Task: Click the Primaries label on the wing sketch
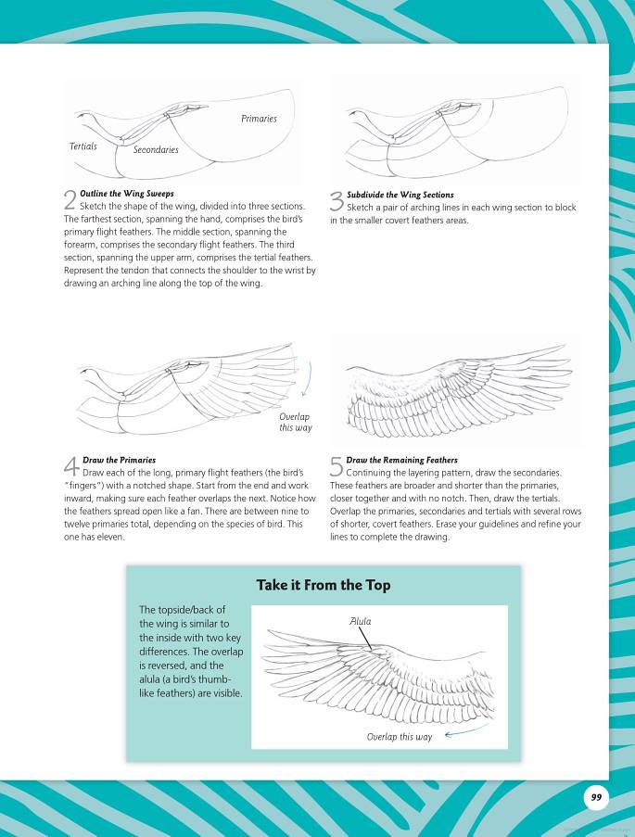coord(259,119)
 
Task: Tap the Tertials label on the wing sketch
coord(83,146)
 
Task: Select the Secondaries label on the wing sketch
coord(156,149)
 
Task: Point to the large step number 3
coord(337,200)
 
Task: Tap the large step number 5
coord(337,465)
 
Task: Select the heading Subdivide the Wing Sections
coord(400,195)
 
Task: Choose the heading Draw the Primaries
coord(120,460)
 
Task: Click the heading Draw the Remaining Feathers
coord(401,460)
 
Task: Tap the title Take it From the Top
coord(323,585)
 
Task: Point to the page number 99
coord(595,797)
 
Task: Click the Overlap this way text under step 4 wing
coord(296,423)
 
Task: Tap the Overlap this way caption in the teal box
coord(400,737)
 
